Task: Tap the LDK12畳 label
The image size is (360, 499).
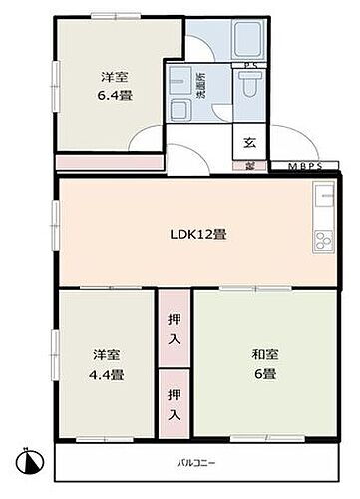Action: [x=197, y=235]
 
